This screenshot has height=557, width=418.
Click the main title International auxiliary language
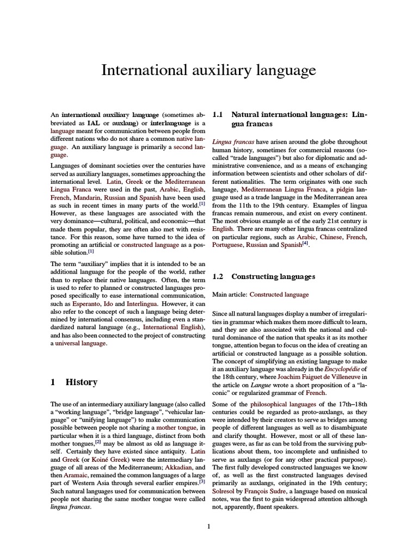pyautogui.click(x=209, y=70)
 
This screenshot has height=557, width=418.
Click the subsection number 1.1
pyautogui.click(x=218, y=115)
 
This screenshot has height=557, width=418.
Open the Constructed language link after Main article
pyautogui.click(x=279, y=295)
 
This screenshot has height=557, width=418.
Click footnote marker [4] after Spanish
pyautogui.click(x=305, y=243)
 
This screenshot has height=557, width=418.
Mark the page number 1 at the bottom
pyautogui.click(x=208, y=526)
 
